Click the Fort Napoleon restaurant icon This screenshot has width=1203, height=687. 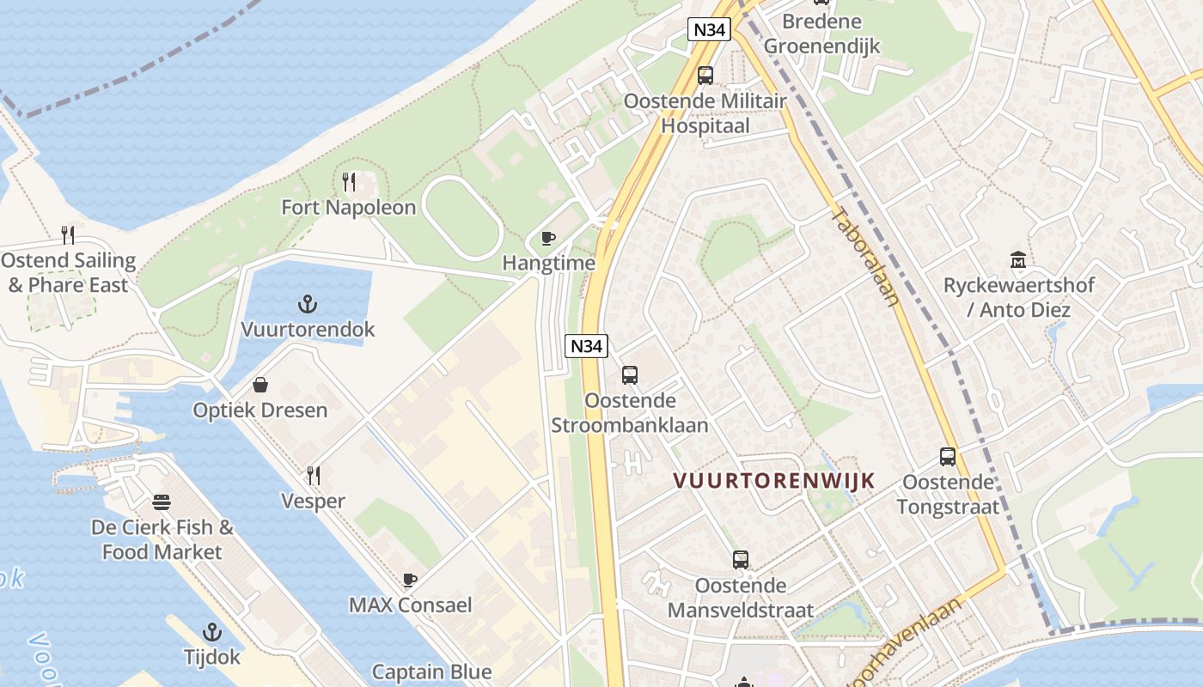[x=349, y=182]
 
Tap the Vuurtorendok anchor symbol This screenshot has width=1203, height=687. [x=308, y=304]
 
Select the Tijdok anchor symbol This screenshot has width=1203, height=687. [x=211, y=633]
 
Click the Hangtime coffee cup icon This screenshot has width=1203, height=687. [x=548, y=238]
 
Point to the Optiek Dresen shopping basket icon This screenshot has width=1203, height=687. [x=260, y=385]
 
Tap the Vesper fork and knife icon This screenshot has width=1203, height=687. [x=314, y=475]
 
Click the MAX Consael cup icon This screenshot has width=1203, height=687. [x=410, y=580]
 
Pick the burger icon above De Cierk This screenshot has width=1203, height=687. [x=162, y=502]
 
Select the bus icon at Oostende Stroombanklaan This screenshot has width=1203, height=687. [x=630, y=375]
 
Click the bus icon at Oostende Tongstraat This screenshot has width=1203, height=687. [x=948, y=457]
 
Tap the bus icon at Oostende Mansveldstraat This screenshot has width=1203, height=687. [x=741, y=560]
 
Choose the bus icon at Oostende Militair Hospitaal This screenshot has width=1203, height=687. [x=705, y=76]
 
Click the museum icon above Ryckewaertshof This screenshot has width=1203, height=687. [x=1018, y=259]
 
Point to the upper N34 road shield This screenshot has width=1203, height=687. [x=710, y=30]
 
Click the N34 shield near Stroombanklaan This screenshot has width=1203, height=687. [x=586, y=347]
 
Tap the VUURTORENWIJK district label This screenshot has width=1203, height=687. [x=773, y=481]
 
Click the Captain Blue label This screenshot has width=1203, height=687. [x=431, y=672]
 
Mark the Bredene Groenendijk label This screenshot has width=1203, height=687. [x=822, y=33]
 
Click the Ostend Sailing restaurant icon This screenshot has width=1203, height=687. [x=68, y=234]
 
